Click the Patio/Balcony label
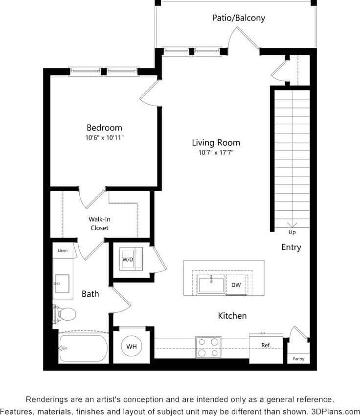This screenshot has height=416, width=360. [x=238, y=18]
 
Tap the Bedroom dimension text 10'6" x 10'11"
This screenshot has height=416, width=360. [x=104, y=138]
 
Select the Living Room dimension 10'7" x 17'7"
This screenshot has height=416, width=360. [x=216, y=153]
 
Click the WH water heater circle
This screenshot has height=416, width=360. [x=132, y=346]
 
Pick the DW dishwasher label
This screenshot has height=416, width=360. [x=236, y=285]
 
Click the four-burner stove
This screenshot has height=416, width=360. [x=208, y=347]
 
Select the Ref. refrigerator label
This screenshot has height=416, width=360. [x=266, y=345]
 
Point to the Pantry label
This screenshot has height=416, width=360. [x=298, y=359]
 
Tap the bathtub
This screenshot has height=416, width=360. [x=83, y=348]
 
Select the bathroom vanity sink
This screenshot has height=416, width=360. [x=62, y=282]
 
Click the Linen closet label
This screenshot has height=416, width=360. [x=63, y=251]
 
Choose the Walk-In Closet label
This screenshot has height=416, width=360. [x=99, y=224]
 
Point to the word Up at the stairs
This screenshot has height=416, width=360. [x=292, y=232]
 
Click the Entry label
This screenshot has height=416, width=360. [x=291, y=247]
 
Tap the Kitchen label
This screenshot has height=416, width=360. [x=232, y=316]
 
